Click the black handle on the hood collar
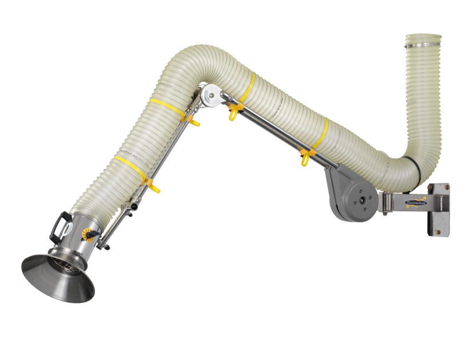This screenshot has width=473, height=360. click(x=59, y=227)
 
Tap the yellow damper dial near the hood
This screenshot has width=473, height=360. click(x=89, y=234)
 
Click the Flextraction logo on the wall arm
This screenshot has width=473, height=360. click(x=416, y=201)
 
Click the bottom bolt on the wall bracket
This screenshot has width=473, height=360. click(x=438, y=231)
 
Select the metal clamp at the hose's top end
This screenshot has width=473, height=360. click(x=423, y=41)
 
